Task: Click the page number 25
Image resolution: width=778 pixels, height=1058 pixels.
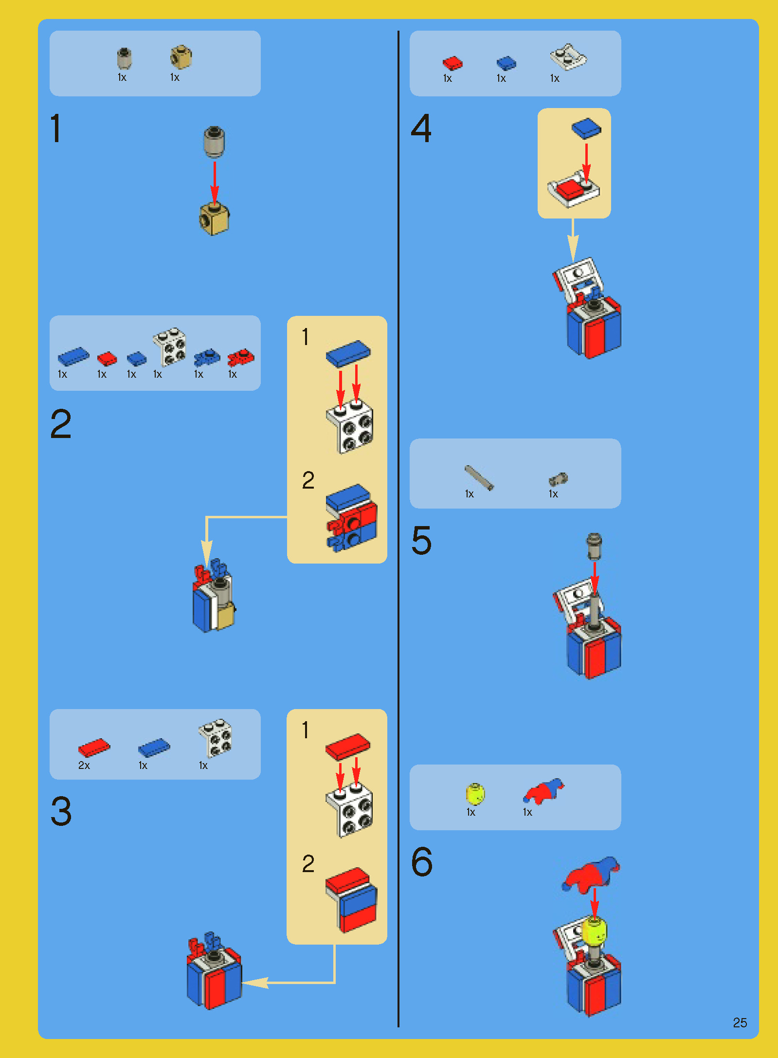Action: pos(740,1022)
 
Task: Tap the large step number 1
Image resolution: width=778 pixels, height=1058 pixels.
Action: pos(56,128)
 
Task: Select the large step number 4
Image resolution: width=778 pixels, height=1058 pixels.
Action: pos(421,128)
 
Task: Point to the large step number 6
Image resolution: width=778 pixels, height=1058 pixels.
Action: pos(421,861)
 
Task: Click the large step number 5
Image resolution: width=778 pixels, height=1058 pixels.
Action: pos(421,540)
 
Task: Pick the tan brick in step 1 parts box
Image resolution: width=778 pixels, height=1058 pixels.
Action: pos(181,57)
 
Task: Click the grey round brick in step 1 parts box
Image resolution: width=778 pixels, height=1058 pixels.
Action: pos(125,58)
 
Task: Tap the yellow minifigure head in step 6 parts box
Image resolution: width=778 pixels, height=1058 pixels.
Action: pos(475,794)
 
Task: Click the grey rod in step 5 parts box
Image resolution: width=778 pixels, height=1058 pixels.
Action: pos(479,477)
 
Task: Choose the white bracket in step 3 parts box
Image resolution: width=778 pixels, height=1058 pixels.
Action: pos(215,738)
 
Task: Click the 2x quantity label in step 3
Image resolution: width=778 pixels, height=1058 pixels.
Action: pos(84,766)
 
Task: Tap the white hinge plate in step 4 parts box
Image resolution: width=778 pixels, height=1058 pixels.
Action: pos(568,57)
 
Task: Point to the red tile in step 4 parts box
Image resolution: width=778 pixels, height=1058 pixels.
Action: pos(452,63)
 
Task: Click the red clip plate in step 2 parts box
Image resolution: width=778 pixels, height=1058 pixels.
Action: pos(240,358)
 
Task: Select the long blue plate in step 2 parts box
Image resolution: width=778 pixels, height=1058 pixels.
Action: pos(73,356)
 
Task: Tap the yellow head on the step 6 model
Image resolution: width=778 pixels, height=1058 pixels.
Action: pos(595,930)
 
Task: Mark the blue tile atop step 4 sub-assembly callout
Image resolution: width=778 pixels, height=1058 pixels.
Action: pos(586,128)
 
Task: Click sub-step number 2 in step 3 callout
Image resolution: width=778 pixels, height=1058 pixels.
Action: pos(308,864)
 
